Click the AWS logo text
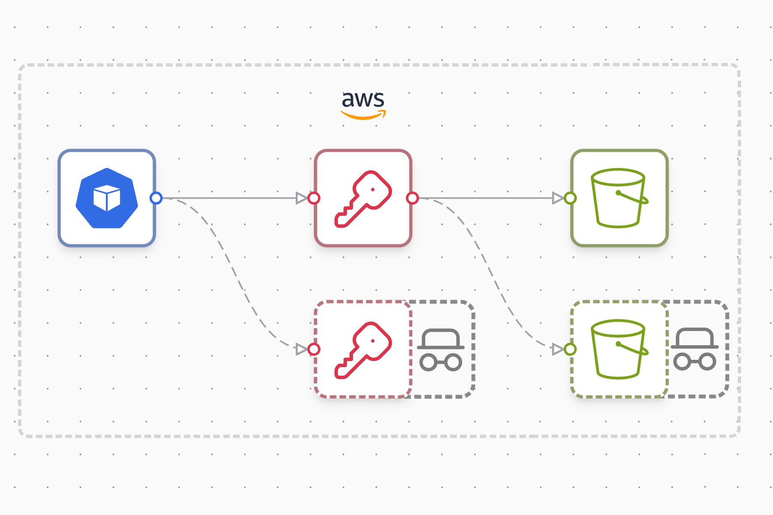[363, 100]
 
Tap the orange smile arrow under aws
[363, 115]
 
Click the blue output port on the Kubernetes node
[156, 198]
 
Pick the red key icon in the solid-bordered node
[363, 199]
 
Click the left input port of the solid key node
[314, 198]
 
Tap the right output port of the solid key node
[412, 198]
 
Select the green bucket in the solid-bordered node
[619, 198]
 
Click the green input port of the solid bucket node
[571, 198]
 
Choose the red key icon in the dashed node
[363, 349]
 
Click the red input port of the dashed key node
[314, 349]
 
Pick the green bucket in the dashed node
[619, 349]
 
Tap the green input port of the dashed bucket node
[571, 349]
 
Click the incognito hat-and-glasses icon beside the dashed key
[441, 349]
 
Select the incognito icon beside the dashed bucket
[694, 349]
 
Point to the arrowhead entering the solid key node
[302, 198]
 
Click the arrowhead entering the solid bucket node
[558, 198]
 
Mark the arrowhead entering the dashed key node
[302, 349]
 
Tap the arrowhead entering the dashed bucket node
[558, 349]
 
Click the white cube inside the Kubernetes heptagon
[107, 198]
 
